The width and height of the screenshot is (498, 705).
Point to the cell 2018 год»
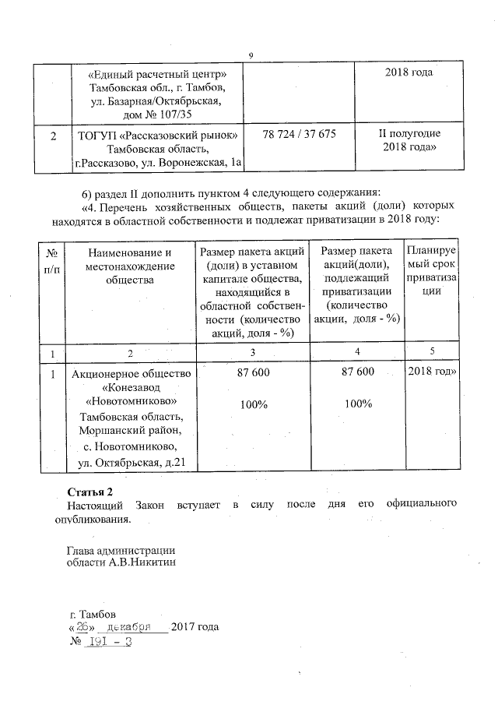tap(432, 373)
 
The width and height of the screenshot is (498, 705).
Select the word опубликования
tap(98, 519)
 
